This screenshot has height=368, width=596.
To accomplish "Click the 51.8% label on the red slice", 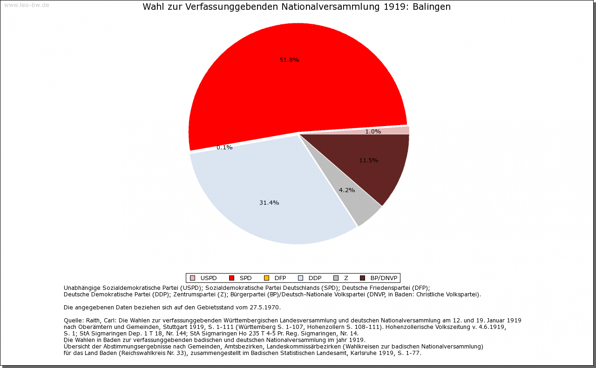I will tap(289, 60).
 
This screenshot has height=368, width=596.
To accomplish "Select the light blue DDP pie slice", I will tap(261, 186).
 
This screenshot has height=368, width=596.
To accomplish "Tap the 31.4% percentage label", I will tap(269, 203).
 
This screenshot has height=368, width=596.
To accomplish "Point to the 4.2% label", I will tap(347, 190).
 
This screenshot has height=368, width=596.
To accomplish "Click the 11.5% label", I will tap(368, 161).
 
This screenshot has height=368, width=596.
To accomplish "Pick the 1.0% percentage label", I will tap(373, 132).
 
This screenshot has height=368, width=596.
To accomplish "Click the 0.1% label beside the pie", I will tap(224, 147).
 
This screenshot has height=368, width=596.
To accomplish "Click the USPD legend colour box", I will tap(192, 278).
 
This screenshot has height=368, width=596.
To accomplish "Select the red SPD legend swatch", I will tap(231, 278).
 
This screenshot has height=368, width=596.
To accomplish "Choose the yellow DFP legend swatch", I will tap(266, 278).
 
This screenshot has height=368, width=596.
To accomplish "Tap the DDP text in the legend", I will tap(315, 278).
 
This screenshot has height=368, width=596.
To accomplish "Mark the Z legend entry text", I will tap(346, 278).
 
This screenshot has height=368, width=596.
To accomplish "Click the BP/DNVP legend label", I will tap(384, 278).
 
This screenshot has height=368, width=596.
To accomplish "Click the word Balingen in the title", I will tap(432, 7).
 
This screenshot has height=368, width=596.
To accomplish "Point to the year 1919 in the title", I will tap(395, 7).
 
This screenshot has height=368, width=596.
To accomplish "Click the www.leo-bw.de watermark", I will tap(27, 5).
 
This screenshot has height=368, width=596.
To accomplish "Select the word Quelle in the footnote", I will tap(74, 321).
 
